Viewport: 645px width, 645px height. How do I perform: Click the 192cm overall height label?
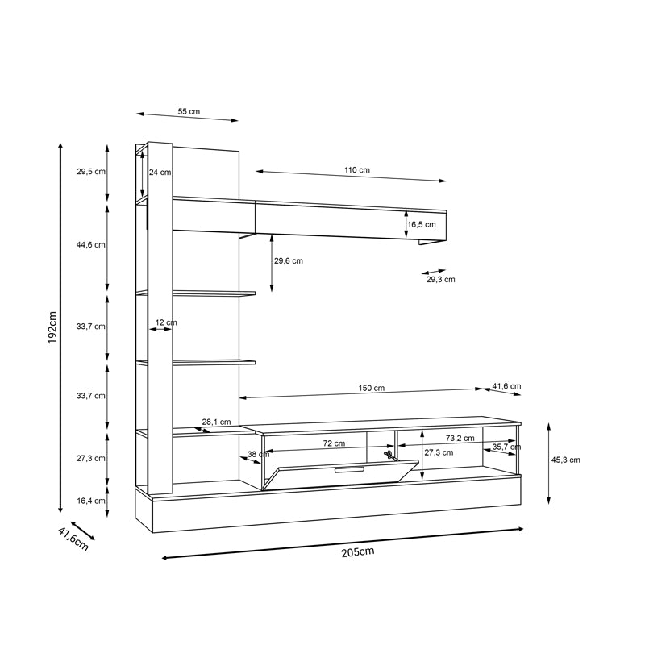tap(52, 328)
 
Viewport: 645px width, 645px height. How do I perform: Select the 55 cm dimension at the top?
tap(189, 111)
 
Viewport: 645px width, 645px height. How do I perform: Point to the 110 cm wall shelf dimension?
tap(356, 170)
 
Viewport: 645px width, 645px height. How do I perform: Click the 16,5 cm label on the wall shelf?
tap(421, 225)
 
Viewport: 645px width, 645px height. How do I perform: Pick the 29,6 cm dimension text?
tap(288, 260)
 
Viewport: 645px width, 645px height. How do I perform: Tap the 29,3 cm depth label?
tap(440, 280)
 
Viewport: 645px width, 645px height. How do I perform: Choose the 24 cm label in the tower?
tap(160, 172)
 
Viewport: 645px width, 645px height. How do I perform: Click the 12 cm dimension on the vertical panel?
tap(165, 322)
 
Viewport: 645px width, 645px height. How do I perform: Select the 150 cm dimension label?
tap(372, 388)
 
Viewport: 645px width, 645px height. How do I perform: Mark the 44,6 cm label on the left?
tap(90, 244)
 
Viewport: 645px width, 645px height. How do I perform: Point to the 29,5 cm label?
tap(90, 172)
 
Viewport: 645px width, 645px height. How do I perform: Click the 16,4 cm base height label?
tap(90, 501)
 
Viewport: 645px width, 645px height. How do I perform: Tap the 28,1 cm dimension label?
tap(216, 422)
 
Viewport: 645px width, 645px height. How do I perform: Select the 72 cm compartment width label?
tap(334, 443)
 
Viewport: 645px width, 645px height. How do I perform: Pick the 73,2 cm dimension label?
tap(460, 439)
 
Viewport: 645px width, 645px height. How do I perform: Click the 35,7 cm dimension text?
tap(506, 447)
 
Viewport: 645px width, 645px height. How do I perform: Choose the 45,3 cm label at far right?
tap(565, 460)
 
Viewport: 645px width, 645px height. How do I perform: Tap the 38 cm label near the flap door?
tap(258, 455)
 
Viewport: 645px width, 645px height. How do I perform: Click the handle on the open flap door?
tap(349, 468)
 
